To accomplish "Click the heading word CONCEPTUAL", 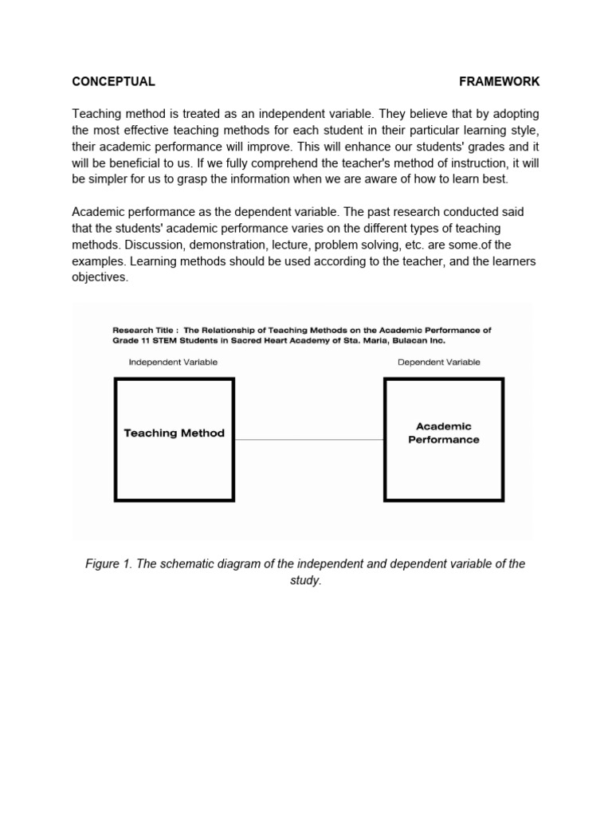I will coord(113,81).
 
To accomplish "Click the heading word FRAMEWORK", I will coord(500,81).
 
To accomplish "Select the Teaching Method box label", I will coord(174,433).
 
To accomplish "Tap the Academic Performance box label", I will coord(444,433).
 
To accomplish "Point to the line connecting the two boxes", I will coord(309,439).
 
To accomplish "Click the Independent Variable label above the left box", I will coord(173,362).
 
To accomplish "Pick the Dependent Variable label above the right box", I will coord(439,362).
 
